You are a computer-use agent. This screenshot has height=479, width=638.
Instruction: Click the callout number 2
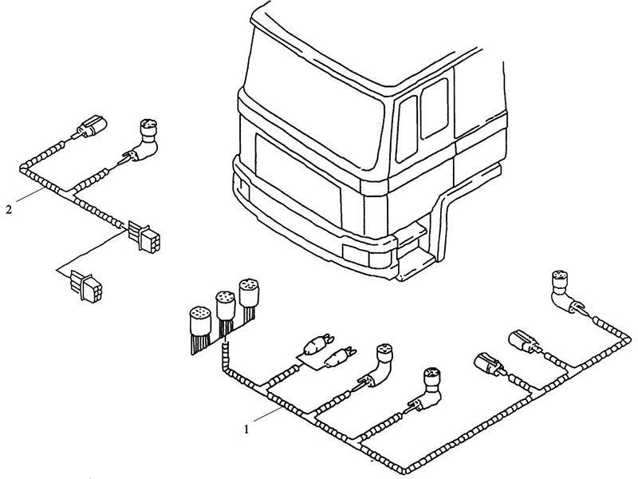point(8,210)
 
